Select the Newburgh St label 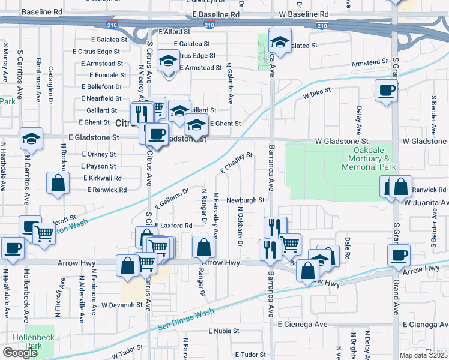[x=245, y=200]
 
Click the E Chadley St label [x=235, y=163]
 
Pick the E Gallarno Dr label [x=172, y=199]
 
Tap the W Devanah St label [x=121, y=305]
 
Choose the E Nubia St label [x=224, y=331]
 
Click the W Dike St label [x=318, y=94]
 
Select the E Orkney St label [x=98, y=154]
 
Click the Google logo [x=20, y=353]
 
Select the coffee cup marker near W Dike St [x=386, y=91]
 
